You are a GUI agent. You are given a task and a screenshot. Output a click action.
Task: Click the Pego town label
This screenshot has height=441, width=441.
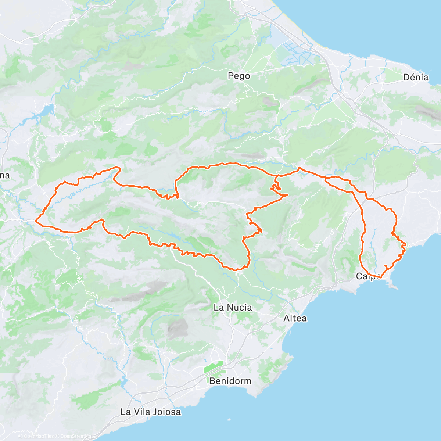[x=239, y=76]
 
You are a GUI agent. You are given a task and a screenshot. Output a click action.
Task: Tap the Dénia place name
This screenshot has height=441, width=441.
[x=416, y=77]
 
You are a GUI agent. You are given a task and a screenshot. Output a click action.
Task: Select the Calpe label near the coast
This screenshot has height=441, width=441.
[x=368, y=276]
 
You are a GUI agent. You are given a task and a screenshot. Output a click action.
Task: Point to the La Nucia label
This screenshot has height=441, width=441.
[x=233, y=308]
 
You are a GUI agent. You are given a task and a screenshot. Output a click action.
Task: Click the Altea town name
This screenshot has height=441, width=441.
[x=295, y=318]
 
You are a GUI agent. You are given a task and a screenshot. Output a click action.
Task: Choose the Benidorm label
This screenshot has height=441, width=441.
[x=230, y=381]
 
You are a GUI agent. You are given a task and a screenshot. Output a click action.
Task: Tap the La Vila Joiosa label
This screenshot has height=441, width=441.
[x=151, y=412]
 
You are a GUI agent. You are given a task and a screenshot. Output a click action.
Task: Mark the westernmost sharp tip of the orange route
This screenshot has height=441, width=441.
[x=36, y=221]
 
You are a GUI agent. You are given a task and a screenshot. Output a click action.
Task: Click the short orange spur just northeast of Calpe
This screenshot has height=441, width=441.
[x=386, y=266]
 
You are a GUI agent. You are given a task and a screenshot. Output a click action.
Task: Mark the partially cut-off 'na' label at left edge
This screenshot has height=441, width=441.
[x=5, y=176]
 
